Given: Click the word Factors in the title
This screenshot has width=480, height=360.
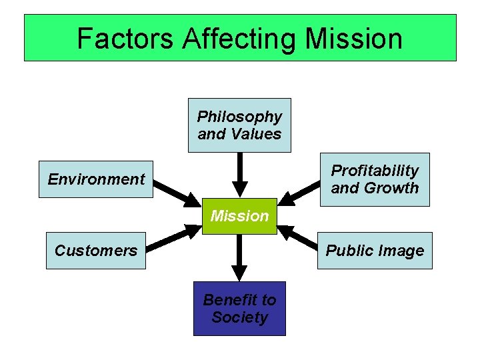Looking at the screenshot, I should point(125,39).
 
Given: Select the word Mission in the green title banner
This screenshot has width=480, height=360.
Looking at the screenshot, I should point(354,39).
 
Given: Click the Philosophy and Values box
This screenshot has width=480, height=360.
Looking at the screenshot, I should point(239,125).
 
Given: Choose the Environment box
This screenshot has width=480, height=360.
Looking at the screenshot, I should point(96,179).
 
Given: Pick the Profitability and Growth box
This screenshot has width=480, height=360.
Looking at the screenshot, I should point(375,179).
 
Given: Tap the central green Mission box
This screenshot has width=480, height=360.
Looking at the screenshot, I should point(239,215).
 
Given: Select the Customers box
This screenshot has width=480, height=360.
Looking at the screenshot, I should point(96,251).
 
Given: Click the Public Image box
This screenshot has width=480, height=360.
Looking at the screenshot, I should point(375,251).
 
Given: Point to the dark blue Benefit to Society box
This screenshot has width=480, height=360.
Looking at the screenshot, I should point(239,309).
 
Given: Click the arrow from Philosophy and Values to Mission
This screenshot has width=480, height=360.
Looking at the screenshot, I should point(239,175).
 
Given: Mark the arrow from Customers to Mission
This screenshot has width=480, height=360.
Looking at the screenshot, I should point(175,239).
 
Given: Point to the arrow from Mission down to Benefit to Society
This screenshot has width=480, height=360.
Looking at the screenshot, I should point(239,257).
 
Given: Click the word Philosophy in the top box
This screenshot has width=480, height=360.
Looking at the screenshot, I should point(239,117).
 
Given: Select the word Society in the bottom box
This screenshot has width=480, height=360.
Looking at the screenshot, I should point(239,317).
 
